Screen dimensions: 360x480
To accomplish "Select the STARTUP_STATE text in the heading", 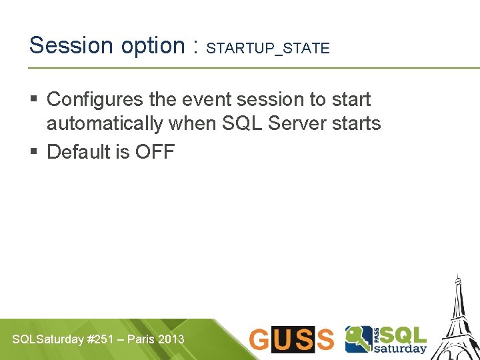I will pos(268,48).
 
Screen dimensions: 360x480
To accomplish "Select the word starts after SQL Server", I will pos(359,124).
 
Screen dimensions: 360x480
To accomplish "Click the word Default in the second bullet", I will pos(78,152).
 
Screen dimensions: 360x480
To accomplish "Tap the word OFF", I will pos(155,152).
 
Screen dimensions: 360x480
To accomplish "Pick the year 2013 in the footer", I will pos(172,339).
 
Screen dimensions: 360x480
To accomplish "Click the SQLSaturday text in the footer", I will pos(49,339).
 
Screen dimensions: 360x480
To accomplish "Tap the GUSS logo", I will pos(291,339).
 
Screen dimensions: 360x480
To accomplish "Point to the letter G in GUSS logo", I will pos(260,339).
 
